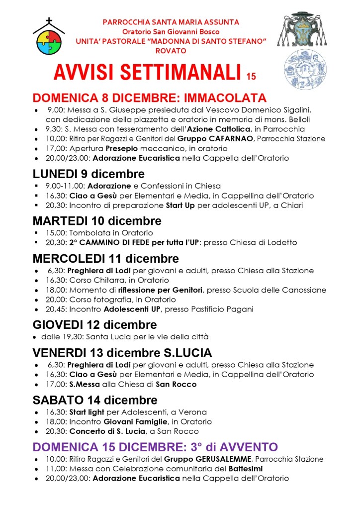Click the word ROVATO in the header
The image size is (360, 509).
click(171, 51)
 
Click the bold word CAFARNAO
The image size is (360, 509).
click(230, 139)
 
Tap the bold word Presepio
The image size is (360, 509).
click(120, 148)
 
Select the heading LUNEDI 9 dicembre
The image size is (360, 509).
click(89, 174)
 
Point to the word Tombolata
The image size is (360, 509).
click(89, 233)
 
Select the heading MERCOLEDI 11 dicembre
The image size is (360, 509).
click(105, 258)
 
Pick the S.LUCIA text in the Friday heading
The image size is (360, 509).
click(188, 353)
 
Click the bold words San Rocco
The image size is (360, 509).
click(176, 384)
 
